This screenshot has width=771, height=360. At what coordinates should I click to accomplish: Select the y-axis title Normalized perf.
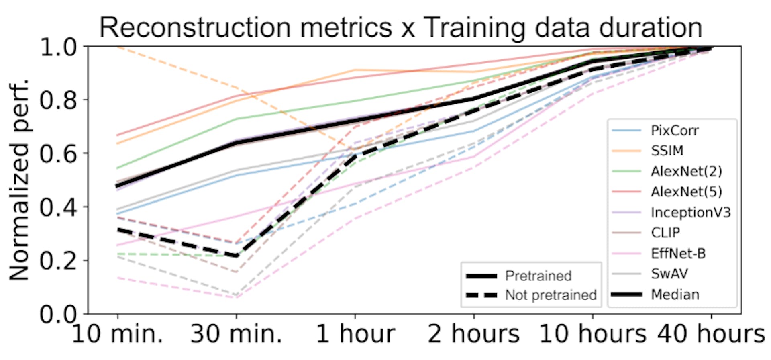19,180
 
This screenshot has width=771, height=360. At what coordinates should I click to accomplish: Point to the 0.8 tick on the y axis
58,100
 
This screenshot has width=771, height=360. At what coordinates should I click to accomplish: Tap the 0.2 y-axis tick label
58,261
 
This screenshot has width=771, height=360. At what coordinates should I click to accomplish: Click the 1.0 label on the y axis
58,47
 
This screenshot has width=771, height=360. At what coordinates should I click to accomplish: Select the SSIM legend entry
667,151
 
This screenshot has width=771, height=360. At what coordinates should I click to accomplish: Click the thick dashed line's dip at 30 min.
236,256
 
